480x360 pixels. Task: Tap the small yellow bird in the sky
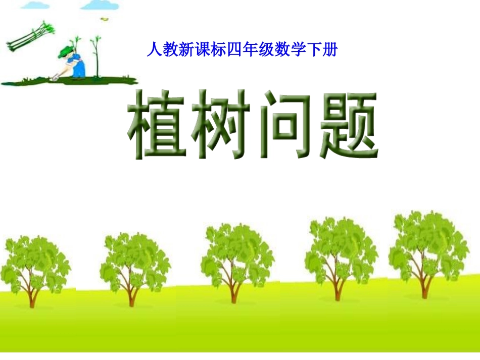(105, 19)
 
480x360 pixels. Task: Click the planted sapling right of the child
(95, 58)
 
